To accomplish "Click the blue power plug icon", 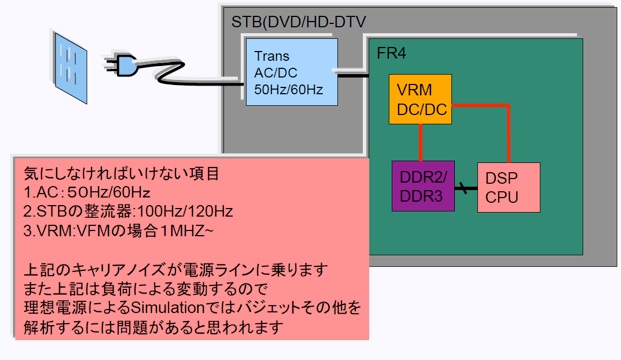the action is [122, 64].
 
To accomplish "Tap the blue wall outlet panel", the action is [70, 68].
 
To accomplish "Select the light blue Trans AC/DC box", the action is [292, 72].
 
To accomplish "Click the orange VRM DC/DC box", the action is [420, 99].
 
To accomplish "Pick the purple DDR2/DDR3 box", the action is [423, 186].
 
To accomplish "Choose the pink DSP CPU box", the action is [509, 187].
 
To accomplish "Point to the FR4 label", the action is [391, 53].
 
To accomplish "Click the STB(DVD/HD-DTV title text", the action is [298, 21].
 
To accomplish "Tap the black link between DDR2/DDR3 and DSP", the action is [466, 188].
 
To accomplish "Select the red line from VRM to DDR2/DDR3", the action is [420, 143].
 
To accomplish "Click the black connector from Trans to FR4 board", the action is [353, 75].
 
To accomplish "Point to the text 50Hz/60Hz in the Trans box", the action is [288, 90].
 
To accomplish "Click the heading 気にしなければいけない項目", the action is [121, 173].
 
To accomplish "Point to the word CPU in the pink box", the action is [502, 197].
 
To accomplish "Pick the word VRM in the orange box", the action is [414, 90].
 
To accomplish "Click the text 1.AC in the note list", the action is [42, 192].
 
